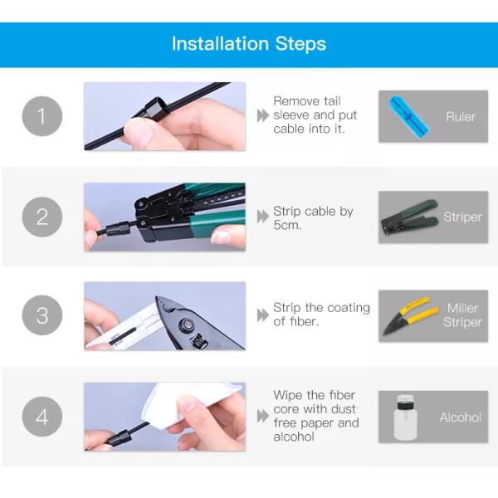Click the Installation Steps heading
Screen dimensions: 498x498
[249, 43]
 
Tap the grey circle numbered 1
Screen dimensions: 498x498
[42, 116]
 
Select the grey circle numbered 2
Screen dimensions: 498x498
[42, 217]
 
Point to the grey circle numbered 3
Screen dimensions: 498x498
[42, 315]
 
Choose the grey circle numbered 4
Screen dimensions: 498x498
[42, 417]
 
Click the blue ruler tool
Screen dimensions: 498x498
[408, 116]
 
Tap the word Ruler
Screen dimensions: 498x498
[461, 116]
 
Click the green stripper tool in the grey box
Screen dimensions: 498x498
[410, 217]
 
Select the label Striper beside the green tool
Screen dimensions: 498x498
[463, 217]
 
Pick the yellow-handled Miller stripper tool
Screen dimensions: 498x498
[410, 315]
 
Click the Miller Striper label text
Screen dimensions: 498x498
[463, 315]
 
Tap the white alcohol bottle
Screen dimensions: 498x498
[405, 417]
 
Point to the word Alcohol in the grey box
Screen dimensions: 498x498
[461, 417]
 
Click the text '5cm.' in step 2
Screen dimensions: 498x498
[287, 225]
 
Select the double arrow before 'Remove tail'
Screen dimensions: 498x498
[262, 115]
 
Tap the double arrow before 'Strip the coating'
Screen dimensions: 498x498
[262, 315]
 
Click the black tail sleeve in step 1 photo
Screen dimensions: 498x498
[154, 108]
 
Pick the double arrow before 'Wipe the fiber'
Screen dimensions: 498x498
[262, 416]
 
